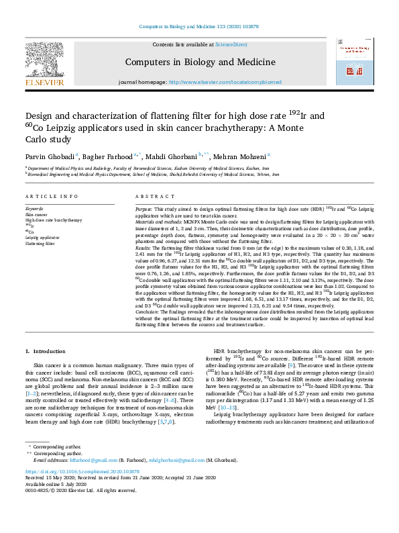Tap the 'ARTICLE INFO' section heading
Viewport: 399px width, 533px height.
click(x=49, y=196)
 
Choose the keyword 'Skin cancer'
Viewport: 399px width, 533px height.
click(x=36, y=215)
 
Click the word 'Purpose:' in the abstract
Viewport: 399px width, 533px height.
click(x=144, y=209)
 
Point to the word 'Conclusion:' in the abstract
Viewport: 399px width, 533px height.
click(x=148, y=311)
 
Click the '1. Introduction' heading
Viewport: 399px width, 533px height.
click(x=46, y=352)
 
